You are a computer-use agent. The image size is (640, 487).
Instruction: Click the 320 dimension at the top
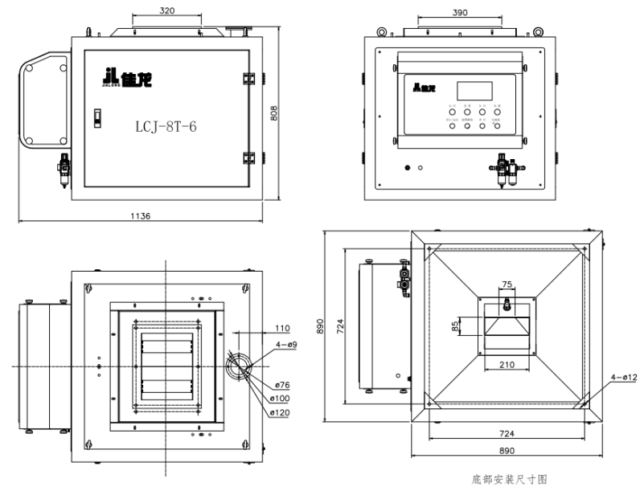[x=166, y=12]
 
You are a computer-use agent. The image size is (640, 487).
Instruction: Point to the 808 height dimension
[x=273, y=114]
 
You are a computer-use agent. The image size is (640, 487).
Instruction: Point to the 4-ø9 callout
[x=286, y=344]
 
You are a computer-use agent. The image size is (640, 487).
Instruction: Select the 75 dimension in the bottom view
[x=507, y=284]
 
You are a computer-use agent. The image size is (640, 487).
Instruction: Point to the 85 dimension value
[x=455, y=326]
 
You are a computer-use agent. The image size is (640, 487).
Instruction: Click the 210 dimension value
[x=507, y=365]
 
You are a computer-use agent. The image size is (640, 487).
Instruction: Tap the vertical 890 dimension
[x=320, y=325]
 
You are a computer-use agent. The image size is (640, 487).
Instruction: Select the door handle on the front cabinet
[x=98, y=117]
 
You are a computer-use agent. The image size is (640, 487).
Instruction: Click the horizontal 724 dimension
[x=507, y=432]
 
